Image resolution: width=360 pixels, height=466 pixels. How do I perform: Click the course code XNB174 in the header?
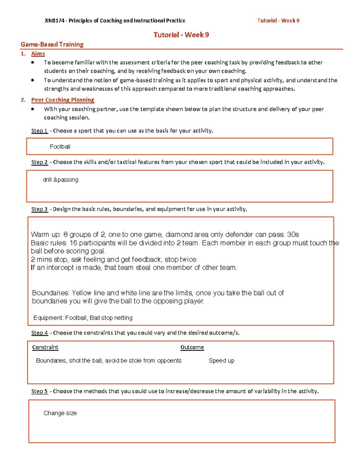point(54,21)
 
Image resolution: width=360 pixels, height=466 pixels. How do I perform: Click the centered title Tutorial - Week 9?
point(181,35)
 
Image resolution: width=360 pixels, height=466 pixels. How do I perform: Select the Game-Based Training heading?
point(52,44)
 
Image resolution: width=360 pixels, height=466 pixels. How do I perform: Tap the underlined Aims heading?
point(38,54)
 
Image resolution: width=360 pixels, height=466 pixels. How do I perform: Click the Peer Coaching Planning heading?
point(63,100)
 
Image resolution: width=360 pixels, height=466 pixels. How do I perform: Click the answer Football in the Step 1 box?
point(60,147)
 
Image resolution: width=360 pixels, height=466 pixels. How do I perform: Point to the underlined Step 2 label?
point(40,162)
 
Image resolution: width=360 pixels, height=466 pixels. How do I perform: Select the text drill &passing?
point(61,180)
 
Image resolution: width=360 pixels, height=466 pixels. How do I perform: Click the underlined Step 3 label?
point(40,209)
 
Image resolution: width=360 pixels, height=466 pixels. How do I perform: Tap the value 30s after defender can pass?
point(293,234)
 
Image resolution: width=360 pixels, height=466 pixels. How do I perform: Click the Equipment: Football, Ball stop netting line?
point(83,318)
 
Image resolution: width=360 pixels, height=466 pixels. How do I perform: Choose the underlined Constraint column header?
point(45,347)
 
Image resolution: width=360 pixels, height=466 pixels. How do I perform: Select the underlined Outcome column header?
point(192,347)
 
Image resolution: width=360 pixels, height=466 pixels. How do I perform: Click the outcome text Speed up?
point(221,361)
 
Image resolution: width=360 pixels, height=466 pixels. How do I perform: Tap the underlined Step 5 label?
point(40,391)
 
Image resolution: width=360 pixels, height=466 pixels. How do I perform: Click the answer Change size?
point(60,413)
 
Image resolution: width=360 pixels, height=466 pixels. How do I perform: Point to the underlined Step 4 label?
point(40,333)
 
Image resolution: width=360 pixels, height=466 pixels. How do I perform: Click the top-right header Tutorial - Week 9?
point(278,21)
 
